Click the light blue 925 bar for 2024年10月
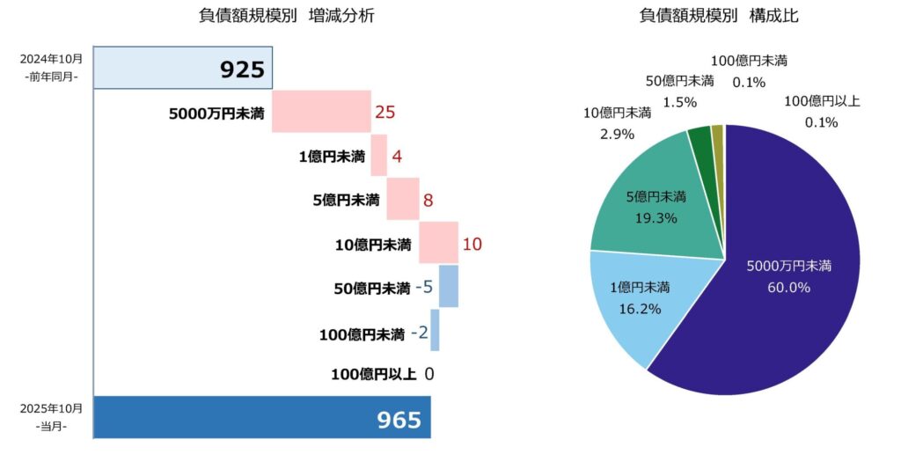[x=182, y=69]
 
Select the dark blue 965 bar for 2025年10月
[x=261, y=417]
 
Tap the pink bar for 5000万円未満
[x=321, y=112]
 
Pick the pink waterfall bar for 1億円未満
[x=378, y=156]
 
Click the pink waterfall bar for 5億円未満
[x=402, y=199]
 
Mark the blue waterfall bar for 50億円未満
[x=449, y=286]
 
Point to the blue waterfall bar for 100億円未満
[x=435, y=330]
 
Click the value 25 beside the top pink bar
[x=385, y=113]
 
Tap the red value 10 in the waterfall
[x=472, y=244]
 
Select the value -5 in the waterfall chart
[x=424, y=287]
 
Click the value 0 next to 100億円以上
[x=429, y=374]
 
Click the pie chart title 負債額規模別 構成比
[x=719, y=17]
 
